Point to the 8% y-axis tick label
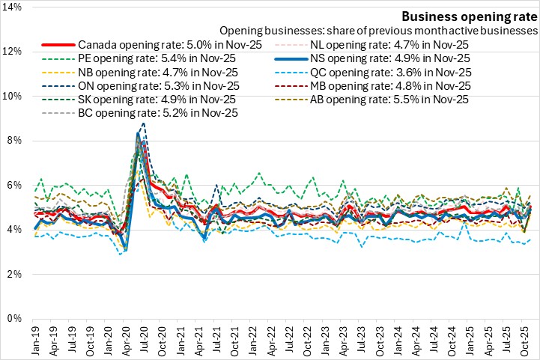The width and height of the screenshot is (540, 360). [16, 140]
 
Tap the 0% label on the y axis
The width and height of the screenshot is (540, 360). [16, 319]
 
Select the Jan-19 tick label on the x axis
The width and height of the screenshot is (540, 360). [34, 340]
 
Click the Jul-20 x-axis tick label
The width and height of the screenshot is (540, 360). [142, 340]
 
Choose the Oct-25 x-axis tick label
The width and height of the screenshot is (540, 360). [521, 340]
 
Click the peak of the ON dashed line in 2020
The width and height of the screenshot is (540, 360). [143, 123]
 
